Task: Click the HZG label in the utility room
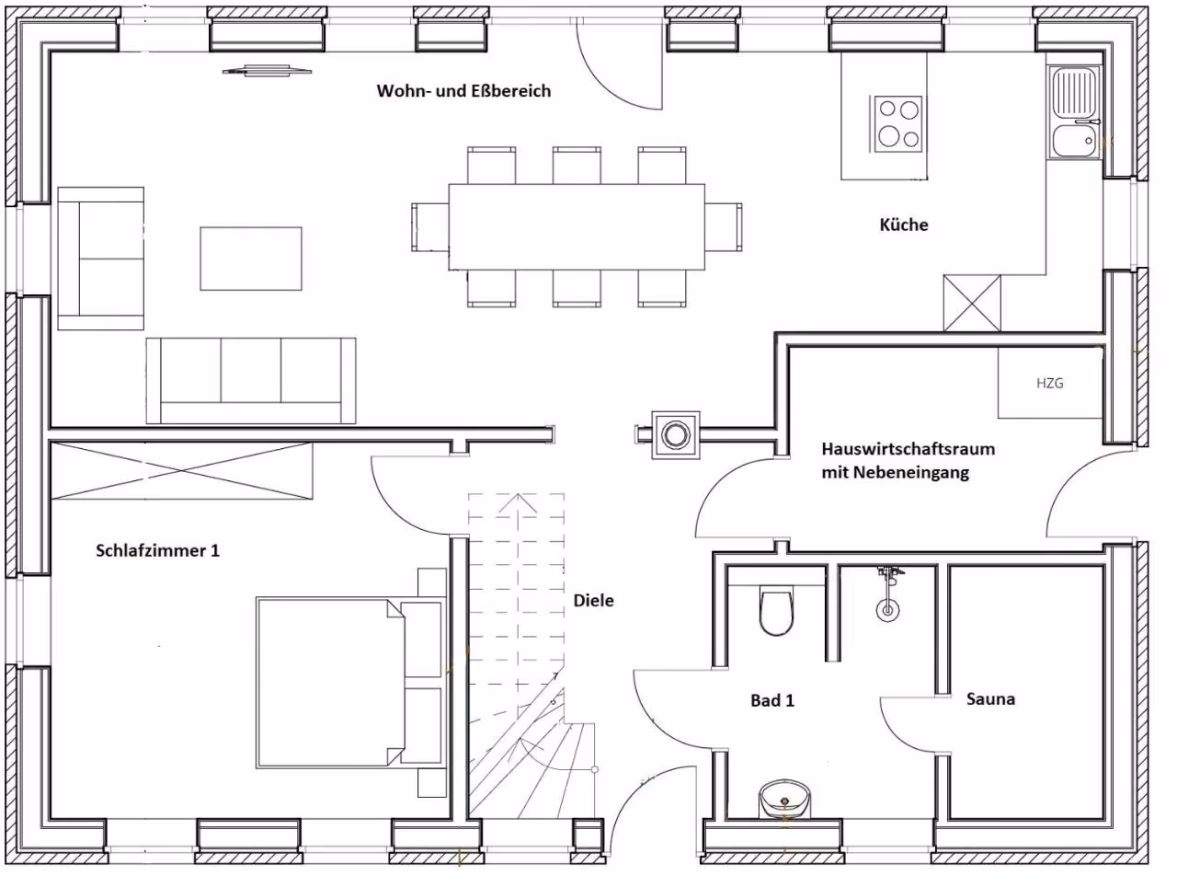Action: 1049,383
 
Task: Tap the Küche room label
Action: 904,225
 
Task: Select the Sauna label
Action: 990,698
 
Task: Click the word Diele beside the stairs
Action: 594,601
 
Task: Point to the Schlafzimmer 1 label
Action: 157,550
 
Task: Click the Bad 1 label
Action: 772,700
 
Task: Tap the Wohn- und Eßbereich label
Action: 463,91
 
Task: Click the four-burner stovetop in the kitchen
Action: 897,124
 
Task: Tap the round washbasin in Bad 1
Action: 784,798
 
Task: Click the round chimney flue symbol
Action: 675,434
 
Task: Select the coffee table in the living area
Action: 251,259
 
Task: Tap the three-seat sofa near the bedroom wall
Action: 251,380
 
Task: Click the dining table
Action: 577,226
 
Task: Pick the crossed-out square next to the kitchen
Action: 972,303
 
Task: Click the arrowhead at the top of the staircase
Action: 517,502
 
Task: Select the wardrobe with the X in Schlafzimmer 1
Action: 181,470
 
